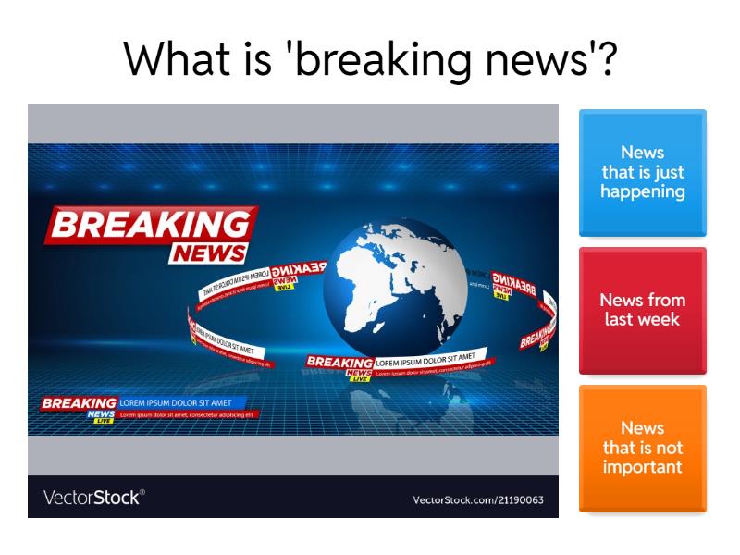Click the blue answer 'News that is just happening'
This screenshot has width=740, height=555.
pyautogui.click(x=642, y=173)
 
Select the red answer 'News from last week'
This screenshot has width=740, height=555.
pyautogui.click(x=642, y=310)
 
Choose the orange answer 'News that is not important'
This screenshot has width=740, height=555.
pyautogui.click(x=642, y=448)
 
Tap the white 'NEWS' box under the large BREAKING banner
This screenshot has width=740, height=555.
pyautogui.click(x=209, y=253)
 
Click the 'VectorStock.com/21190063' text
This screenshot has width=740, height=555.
pyautogui.click(x=478, y=500)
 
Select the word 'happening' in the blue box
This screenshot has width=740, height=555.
pyautogui.click(x=642, y=192)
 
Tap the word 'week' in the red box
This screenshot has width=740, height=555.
pyautogui.click(x=661, y=320)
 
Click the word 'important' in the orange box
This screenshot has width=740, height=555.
pyautogui.click(x=642, y=466)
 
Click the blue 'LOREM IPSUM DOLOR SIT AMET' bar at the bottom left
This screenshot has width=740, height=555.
pyautogui.click(x=181, y=403)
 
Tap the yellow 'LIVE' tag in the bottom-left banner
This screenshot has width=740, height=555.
pyautogui.click(x=102, y=421)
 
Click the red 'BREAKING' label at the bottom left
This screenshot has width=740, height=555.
pyautogui.click(x=80, y=403)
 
